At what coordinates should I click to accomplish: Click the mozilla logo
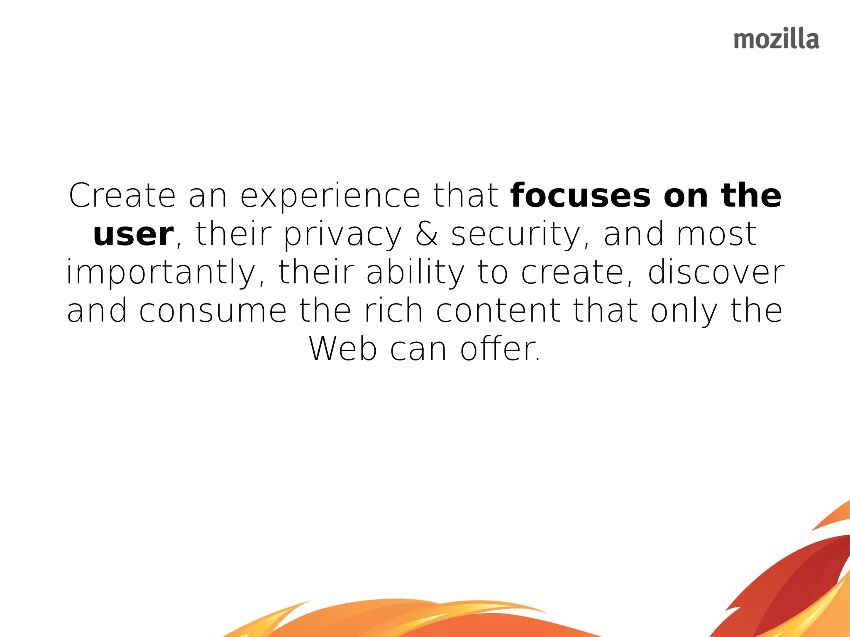point(776,39)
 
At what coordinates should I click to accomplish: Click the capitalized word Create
point(122,195)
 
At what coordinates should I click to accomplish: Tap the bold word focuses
point(581,195)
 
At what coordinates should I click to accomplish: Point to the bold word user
point(133,234)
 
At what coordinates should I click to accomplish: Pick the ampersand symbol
point(427,234)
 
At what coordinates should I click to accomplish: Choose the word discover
point(716,272)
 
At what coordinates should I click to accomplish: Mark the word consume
point(213,311)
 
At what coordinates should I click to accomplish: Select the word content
point(498,311)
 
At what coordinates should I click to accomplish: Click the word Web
point(343,349)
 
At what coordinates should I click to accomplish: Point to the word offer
point(500,349)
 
